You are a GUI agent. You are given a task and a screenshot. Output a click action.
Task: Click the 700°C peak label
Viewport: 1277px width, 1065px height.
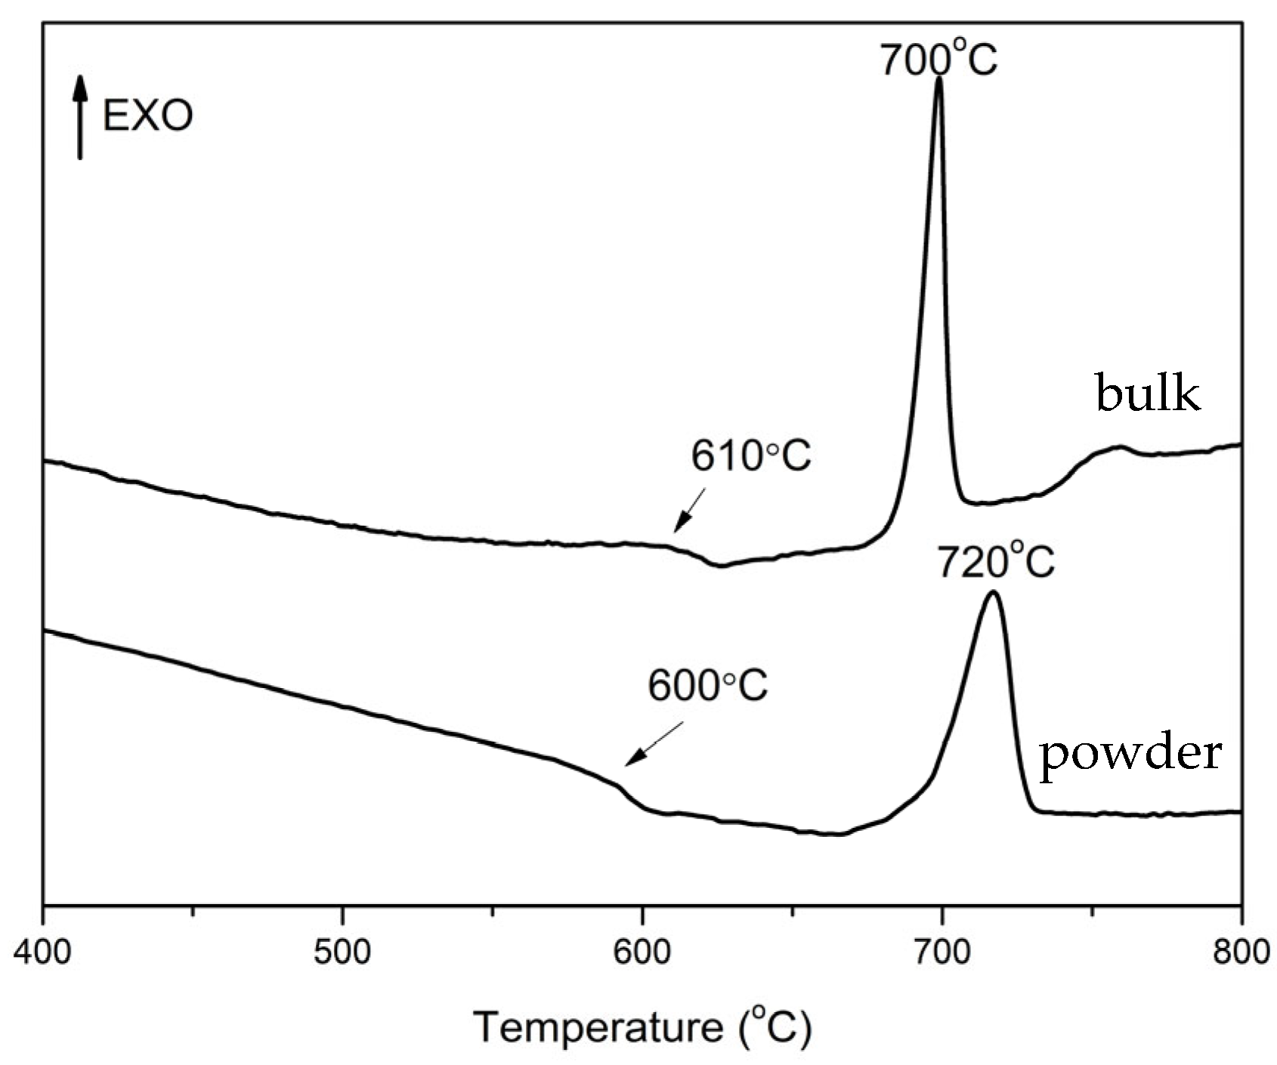point(938,58)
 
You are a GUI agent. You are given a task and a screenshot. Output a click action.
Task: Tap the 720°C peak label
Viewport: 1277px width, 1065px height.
point(995,562)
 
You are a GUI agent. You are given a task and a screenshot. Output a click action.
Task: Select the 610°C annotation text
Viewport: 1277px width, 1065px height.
point(750,456)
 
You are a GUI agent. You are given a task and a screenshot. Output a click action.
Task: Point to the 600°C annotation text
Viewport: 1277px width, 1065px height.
point(707,686)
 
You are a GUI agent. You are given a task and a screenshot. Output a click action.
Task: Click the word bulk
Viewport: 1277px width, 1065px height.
point(1147,394)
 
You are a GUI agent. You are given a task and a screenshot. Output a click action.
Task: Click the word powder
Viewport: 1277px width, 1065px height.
point(1130,754)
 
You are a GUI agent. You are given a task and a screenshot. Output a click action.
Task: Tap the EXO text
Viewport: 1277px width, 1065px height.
point(148,116)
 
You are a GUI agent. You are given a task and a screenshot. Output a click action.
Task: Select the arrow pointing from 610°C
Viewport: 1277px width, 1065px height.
point(690,510)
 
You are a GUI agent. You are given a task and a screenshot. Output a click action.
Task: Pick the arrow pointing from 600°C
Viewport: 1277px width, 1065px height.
point(654,744)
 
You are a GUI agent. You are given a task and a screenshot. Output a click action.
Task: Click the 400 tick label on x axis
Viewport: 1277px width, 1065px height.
point(44,952)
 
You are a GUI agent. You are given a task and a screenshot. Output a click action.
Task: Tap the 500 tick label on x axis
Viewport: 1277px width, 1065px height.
point(343,952)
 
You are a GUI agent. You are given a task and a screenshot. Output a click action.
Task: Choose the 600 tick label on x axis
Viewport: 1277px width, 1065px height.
point(642,952)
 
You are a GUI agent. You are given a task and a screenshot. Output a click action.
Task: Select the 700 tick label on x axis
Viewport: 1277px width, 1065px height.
point(942,952)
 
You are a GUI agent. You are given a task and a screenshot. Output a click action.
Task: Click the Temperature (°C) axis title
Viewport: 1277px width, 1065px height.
point(642,1028)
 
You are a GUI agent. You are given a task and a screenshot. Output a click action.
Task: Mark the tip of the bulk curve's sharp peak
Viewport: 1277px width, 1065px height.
point(938,78)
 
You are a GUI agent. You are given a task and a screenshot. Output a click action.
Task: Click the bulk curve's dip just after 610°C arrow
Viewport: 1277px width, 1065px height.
point(720,565)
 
